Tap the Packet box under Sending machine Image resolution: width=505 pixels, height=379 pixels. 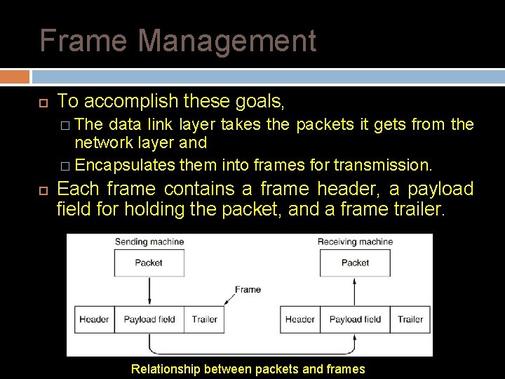coord(149,263)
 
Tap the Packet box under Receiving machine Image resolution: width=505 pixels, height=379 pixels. coord(355,263)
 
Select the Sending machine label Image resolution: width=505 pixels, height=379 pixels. coord(149,242)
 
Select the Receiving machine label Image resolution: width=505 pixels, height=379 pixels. coord(355,242)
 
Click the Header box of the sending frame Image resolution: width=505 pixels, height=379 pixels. coord(94,319)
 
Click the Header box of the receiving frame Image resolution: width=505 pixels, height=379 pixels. coord(299,319)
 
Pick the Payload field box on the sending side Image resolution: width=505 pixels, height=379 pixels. coord(149,319)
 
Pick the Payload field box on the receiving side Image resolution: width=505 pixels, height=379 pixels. coord(355,319)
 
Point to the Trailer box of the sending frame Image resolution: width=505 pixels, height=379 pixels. coord(204,319)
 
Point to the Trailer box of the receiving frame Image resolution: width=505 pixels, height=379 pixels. coord(410,319)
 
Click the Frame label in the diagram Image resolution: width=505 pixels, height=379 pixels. coord(248,289)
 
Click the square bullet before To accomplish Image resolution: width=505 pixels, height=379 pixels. coord(43,103)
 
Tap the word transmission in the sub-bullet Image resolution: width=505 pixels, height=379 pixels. coord(392,166)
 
